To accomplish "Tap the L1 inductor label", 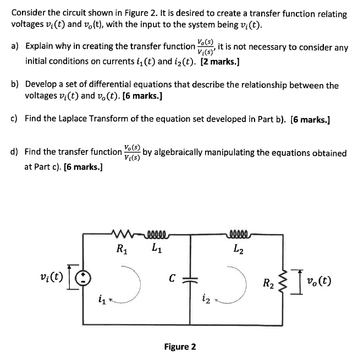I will point(156,248).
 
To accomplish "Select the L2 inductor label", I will point(240,248).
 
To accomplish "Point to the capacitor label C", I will point(172,279).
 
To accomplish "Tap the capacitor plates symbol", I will point(191,279).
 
